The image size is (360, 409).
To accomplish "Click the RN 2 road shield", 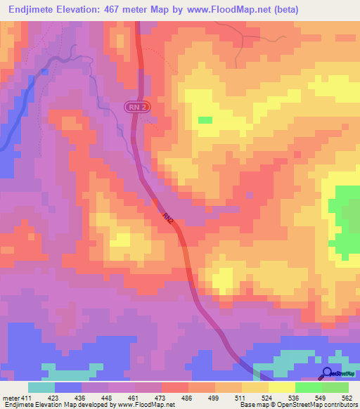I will coord(138,107).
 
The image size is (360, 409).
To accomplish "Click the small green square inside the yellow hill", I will coord(205,120).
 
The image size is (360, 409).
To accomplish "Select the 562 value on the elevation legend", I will coord(347,398).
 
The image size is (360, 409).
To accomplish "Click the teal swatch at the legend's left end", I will coord(41,387).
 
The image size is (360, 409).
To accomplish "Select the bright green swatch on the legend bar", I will coord(308,387).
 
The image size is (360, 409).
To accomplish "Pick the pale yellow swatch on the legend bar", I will coord(281,387).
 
